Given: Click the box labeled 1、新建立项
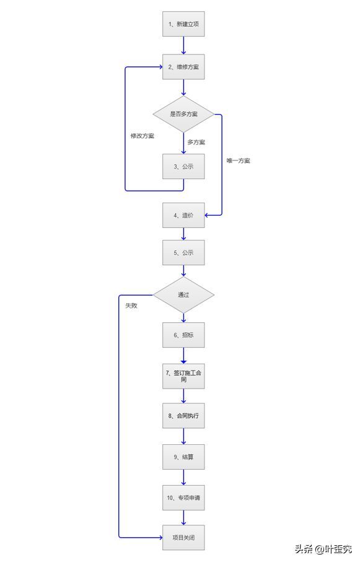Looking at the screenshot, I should [x=183, y=24].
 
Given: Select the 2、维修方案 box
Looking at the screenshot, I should [x=183, y=66].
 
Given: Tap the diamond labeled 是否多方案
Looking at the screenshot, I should [x=183, y=114].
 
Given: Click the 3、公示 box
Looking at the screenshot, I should [x=183, y=166].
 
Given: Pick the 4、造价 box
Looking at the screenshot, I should [x=183, y=215].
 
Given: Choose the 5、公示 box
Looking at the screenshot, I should [x=183, y=252].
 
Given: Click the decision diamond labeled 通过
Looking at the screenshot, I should [x=183, y=294].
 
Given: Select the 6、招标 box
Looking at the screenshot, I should [x=183, y=335].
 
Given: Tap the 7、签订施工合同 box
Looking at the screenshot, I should [x=183, y=375].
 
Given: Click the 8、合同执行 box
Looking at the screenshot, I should [x=183, y=416].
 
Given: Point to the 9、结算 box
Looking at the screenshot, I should [x=183, y=457].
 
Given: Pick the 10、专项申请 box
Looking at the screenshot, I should [x=183, y=497].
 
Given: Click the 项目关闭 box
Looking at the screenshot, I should [x=183, y=537].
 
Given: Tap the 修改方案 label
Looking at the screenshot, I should [x=143, y=136].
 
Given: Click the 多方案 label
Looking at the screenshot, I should [x=196, y=142].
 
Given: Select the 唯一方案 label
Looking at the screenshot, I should [x=239, y=160].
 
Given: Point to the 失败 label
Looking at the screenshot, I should [x=131, y=305].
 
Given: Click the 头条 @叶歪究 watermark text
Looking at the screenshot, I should [x=322, y=549].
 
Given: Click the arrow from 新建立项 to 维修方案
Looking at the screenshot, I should [x=183, y=45].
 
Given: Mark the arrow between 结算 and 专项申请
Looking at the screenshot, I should [x=183, y=477].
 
